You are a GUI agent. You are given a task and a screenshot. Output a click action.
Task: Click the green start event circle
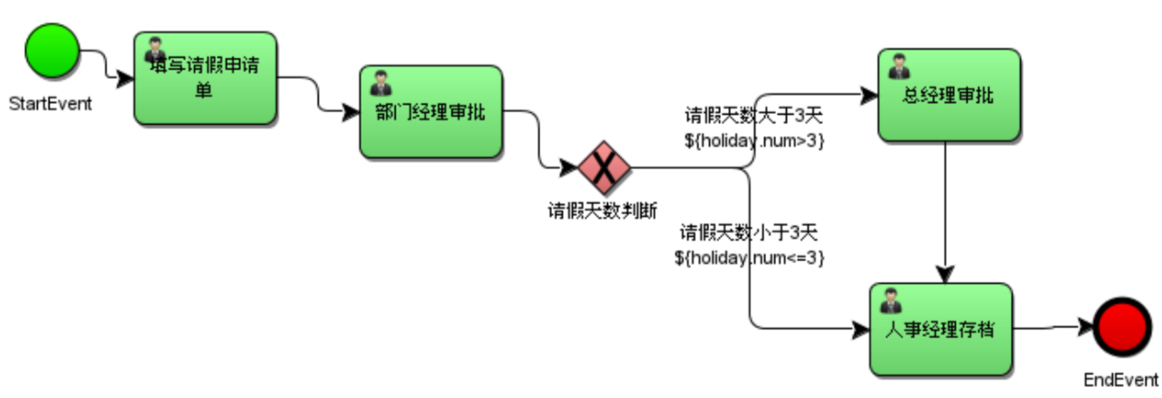click(52, 50)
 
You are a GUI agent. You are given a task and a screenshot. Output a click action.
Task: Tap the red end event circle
click(1120, 327)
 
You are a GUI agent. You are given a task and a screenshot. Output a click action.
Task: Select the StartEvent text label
click(51, 103)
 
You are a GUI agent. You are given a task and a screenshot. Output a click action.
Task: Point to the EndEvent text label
click(1121, 379)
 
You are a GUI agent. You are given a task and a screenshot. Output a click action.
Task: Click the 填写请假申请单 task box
click(205, 79)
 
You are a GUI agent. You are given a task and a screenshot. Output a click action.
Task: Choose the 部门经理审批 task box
click(431, 112)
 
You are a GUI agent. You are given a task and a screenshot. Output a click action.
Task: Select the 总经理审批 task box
click(949, 96)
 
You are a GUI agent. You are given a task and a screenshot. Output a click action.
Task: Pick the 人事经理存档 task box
click(941, 329)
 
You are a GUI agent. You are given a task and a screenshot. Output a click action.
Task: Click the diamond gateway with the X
click(604, 167)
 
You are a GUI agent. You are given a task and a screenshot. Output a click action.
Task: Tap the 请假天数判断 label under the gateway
click(603, 210)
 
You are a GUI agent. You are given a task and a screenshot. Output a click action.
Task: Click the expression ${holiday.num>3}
click(754, 141)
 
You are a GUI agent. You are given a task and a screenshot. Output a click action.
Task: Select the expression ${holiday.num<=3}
click(749, 257)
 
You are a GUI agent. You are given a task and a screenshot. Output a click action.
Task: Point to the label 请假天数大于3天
click(754, 118)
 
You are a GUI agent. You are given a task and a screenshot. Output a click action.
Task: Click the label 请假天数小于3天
click(749, 233)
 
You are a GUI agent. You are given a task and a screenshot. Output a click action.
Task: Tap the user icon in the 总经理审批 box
click(899, 66)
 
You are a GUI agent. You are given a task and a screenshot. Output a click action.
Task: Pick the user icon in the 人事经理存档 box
click(891, 300)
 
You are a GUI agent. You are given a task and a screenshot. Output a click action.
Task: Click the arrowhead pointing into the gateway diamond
click(568, 167)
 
